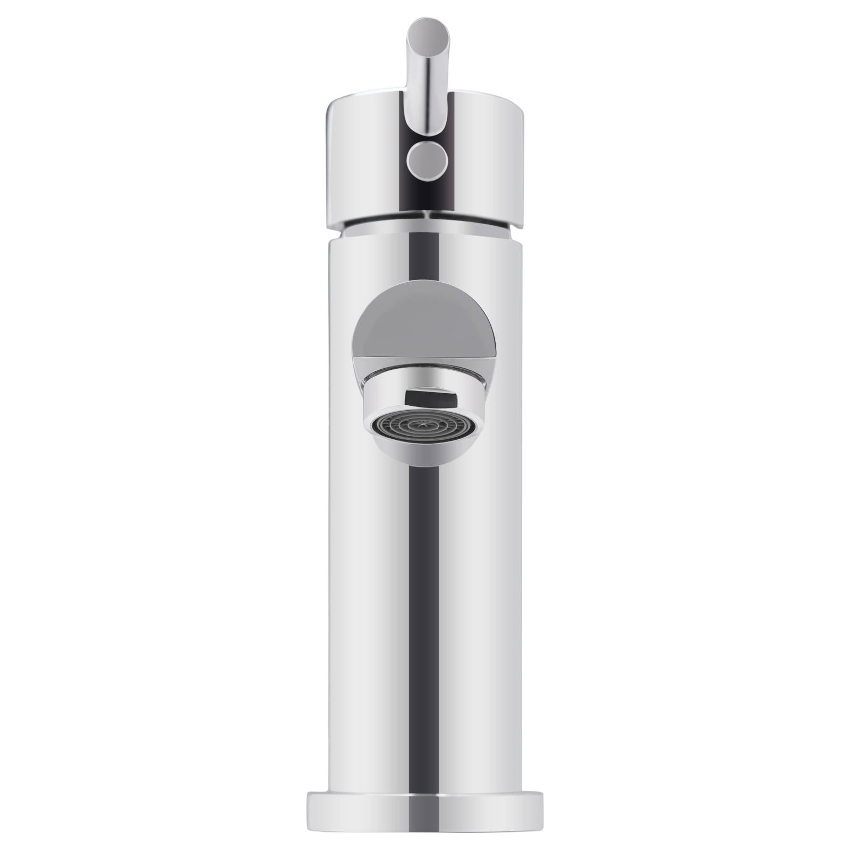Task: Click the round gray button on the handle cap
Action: pyautogui.click(x=425, y=159)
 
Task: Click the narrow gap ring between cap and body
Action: pyautogui.click(x=425, y=229)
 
